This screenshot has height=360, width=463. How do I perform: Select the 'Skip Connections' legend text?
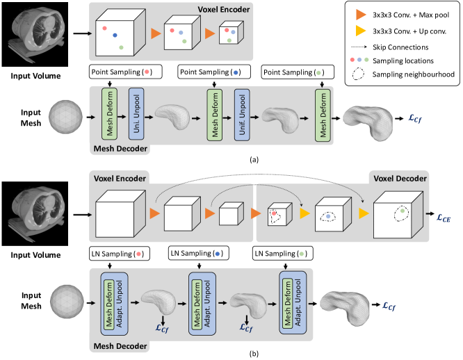[400, 47]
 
